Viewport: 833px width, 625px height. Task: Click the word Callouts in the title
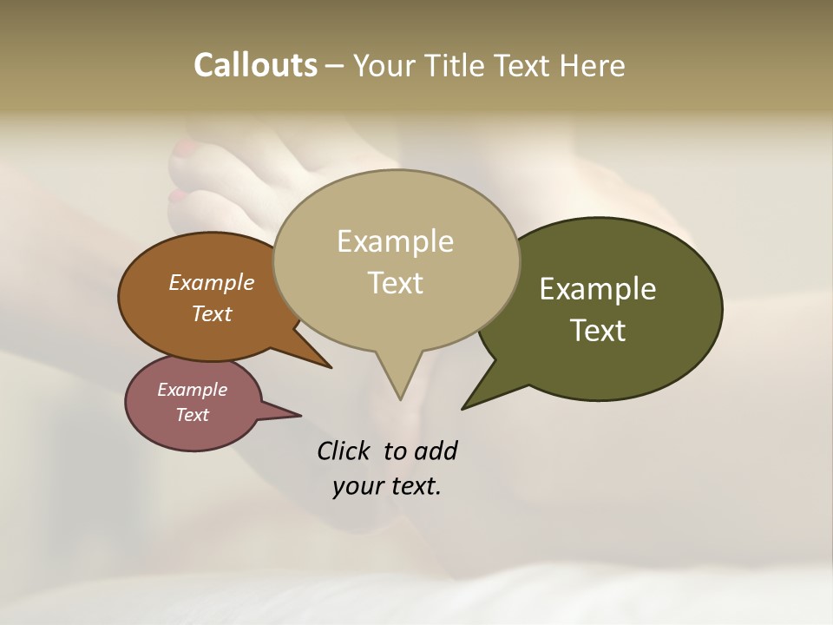[255, 65]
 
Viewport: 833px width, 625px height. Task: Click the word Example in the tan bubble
[395, 241]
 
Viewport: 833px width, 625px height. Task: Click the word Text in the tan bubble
[396, 283]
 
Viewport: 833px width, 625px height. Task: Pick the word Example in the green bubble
[598, 289]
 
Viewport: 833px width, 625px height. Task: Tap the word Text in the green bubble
[599, 330]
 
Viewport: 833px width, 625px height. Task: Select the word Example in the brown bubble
[212, 283]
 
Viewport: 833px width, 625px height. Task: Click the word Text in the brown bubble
[212, 314]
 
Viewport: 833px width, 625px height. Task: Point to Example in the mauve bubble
[192, 390]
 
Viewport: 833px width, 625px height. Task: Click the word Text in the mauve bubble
[192, 415]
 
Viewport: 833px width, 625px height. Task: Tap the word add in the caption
[436, 451]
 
